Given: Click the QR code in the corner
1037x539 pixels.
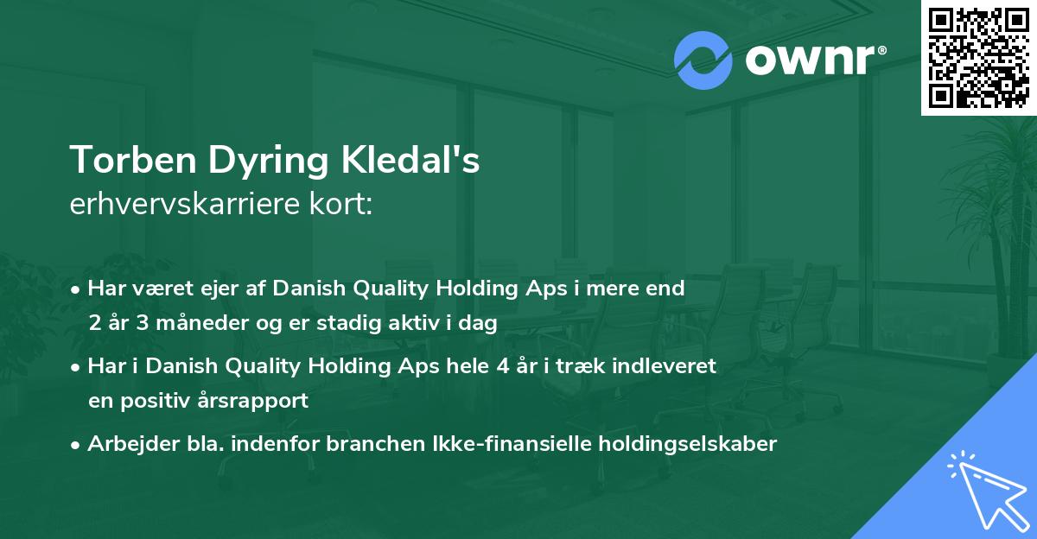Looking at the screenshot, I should click(x=977, y=57).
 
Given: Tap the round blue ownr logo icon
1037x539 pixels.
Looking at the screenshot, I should click(x=703, y=60).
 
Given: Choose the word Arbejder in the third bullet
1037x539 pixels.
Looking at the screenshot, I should click(x=126, y=444).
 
